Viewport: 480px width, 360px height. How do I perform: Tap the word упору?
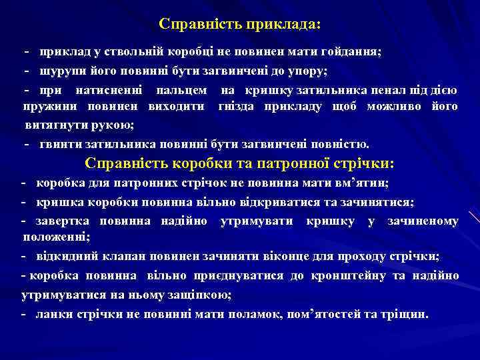click(x=309, y=70)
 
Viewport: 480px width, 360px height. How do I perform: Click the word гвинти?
click(x=63, y=143)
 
